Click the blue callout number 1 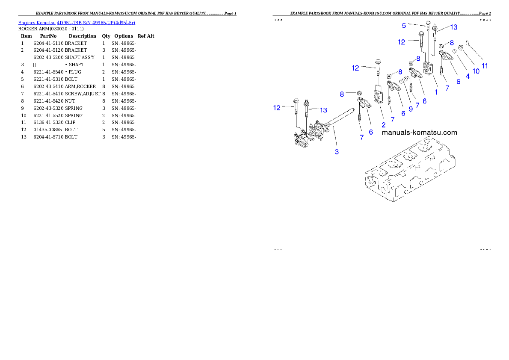[436, 91]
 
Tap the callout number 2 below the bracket [383, 125]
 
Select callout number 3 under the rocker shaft [337, 152]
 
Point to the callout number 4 [468, 76]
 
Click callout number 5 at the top [404, 26]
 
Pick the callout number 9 [410, 109]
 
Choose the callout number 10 [476, 71]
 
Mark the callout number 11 [485, 66]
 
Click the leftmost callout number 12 [277, 108]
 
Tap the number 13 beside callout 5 [453, 27]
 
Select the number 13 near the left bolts [323, 110]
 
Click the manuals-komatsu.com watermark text [419, 132]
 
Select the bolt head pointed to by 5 [428, 23]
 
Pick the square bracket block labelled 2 [378, 96]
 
